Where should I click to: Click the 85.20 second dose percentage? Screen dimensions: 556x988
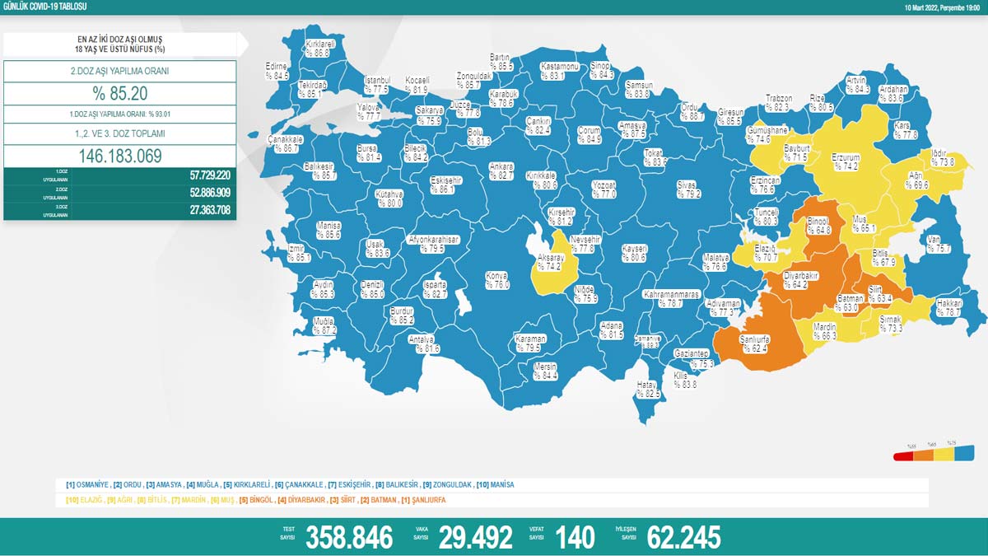pyautogui.click(x=120, y=94)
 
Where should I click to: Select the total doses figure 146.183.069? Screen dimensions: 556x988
pyautogui.click(x=120, y=157)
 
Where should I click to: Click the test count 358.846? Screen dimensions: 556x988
pyautogui.click(x=349, y=538)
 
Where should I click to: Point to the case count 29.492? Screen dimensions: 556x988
pyautogui.click(x=475, y=538)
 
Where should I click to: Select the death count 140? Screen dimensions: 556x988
pyautogui.click(x=575, y=538)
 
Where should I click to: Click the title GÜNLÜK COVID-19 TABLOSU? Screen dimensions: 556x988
pyautogui.click(x=45, y=7)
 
